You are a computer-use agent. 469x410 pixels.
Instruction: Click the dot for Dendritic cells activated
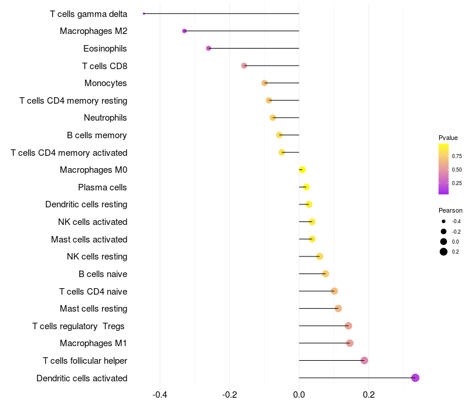pyautogui.click(x=415, y=378)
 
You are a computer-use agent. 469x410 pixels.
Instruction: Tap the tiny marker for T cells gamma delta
pyautogui.click(x=144, y=13)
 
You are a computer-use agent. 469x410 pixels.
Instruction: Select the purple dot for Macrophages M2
pyautogui.click(x=185, y=31)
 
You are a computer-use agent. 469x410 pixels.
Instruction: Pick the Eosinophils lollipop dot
pyautogui.click(x=208, y=48)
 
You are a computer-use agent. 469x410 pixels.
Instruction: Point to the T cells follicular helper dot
pyautogui.click(x=364, y=360)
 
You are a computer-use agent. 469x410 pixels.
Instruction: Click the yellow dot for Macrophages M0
pyautogui.click(x=302, y=170)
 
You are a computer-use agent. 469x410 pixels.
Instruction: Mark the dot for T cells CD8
pyautogui.click(x=244, y=66)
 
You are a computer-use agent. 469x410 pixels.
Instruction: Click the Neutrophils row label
pyautogui.click(x=106, y=118)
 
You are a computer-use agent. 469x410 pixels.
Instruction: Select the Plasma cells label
pyautogui.click(x=103, y=187)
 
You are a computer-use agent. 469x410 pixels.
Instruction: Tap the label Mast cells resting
pyautogui.click(x=93, y=309)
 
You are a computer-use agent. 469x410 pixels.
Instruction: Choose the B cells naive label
pyautogui.click(x=103, y=274)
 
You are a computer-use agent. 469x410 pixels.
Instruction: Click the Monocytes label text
pyautogui.click(x=106, y=83)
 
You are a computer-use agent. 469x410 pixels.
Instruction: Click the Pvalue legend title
pyautogui.click(x=448, y=138)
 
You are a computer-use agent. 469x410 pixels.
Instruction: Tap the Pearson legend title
pyautogui.click(x=450, y=210)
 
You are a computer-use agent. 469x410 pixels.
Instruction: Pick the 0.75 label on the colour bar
pyautogui.click(x=457, y=156)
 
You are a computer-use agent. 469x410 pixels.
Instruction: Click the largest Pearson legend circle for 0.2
pyautogui.click(x=444, y=252)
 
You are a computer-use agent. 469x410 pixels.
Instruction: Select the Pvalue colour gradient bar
pyautogui.click(x=444, y=169)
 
